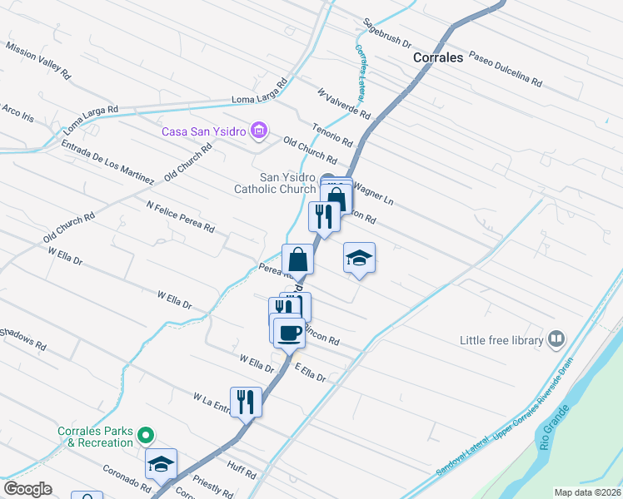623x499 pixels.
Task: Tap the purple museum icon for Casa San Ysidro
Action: coord(259,131)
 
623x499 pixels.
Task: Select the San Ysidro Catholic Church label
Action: coord(287,183)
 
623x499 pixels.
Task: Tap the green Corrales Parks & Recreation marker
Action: coord(146,435)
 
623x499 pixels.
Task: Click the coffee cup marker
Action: coord(289,332)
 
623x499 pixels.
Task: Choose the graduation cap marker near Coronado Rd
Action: coord(161,464)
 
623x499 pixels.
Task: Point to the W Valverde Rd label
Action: coord(342,102)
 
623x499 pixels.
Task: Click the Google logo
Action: coord(28,489)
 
